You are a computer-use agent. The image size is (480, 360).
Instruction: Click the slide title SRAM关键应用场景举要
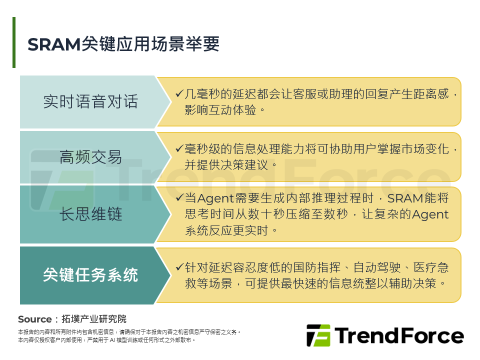(123, 44)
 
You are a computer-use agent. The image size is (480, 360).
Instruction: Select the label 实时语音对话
(90, 102)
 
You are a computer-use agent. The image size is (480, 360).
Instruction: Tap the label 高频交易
(90, 157)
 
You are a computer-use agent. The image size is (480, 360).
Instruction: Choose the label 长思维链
(90, 214)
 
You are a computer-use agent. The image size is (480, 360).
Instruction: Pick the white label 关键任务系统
(90, 275)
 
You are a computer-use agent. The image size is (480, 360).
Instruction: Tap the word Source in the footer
(34, 319)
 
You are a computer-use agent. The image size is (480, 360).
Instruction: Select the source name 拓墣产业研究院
(94, 319)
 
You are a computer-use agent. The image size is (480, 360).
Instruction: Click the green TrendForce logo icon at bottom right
(318, 335)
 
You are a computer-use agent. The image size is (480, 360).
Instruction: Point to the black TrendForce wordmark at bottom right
(398, 335)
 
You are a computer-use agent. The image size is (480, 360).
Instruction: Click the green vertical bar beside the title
(14, 42)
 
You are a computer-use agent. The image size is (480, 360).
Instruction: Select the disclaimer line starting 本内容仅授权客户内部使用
(106, 340)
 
